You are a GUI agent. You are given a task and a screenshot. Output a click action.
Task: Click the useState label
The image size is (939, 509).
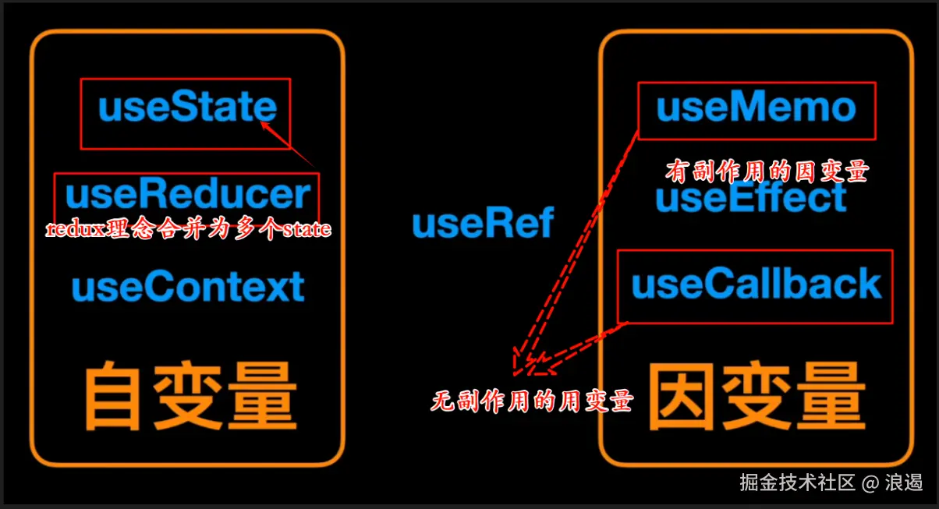pyautogui.click(x=187, y=108)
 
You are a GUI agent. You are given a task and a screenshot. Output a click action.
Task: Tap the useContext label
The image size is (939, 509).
pyautogui.click(x=188, y=287)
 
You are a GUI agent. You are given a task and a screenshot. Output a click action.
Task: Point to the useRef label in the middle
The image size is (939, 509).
pyautogui.click(x=483, y=224)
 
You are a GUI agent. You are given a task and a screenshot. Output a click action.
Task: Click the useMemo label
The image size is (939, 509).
pyautogui.click(x=756, y=108)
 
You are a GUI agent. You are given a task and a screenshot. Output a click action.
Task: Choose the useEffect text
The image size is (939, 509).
pyautogui.click(x=751, y=198)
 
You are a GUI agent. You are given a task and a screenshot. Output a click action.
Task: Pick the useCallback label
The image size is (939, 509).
pyautogui.click(x=756, y=285)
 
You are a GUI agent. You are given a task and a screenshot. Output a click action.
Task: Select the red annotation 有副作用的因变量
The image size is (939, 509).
pyautogui.click(x=765, y=171)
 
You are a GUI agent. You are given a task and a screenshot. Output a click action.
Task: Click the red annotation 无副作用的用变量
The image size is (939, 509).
pyautogui.click(x=531, y=401)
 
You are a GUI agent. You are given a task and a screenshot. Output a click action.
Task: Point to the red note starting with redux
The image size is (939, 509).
pyautogui.click(x=188, y=229)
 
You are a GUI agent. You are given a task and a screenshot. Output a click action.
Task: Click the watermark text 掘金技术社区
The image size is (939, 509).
pyautogui.click(x=797, y=482)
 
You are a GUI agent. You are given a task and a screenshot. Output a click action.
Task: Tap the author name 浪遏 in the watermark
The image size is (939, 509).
pyautogui.click(x=904, y=482)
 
